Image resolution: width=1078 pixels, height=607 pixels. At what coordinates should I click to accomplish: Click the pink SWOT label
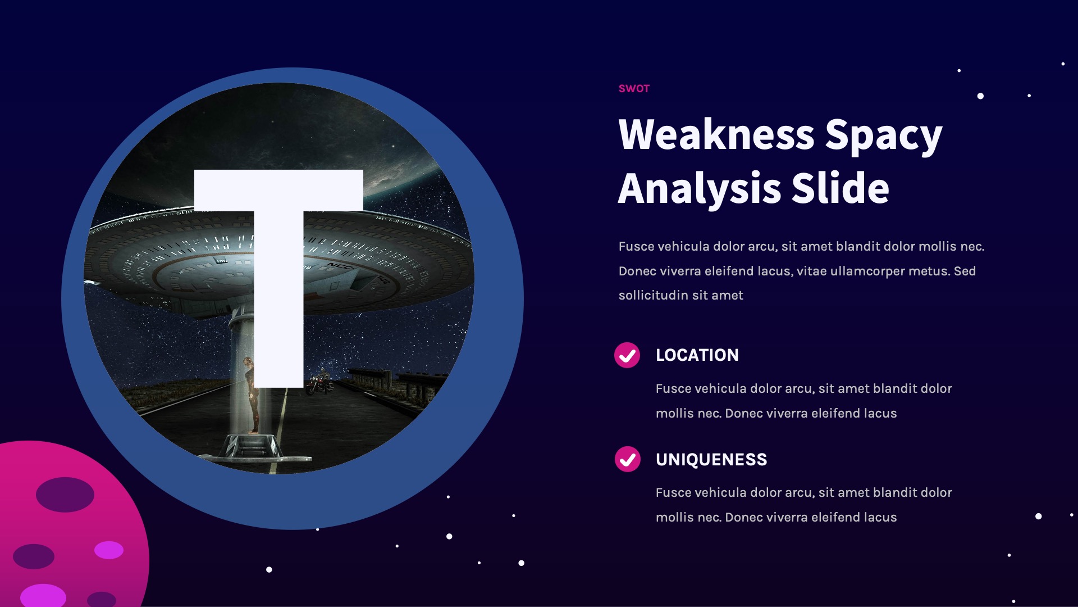coord(633,89)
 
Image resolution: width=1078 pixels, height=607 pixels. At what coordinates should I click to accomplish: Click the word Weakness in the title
coord(716,135)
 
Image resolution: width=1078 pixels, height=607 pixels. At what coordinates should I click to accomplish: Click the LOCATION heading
coord(697,355)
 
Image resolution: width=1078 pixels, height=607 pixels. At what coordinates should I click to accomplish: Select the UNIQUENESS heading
coord(711,460)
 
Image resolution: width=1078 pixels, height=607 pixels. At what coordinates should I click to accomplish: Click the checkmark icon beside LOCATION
coord(627,355)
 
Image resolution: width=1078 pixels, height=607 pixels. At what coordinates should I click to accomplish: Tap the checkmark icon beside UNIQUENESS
coord(627,460)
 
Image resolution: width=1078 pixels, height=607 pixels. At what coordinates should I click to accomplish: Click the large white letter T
coord(278,253)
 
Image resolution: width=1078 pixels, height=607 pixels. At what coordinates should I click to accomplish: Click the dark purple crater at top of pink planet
coord(65,495)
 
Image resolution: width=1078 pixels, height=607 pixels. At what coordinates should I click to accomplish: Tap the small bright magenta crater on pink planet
coord(109,550)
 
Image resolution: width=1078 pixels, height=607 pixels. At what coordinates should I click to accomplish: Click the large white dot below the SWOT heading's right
coord(980,96)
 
